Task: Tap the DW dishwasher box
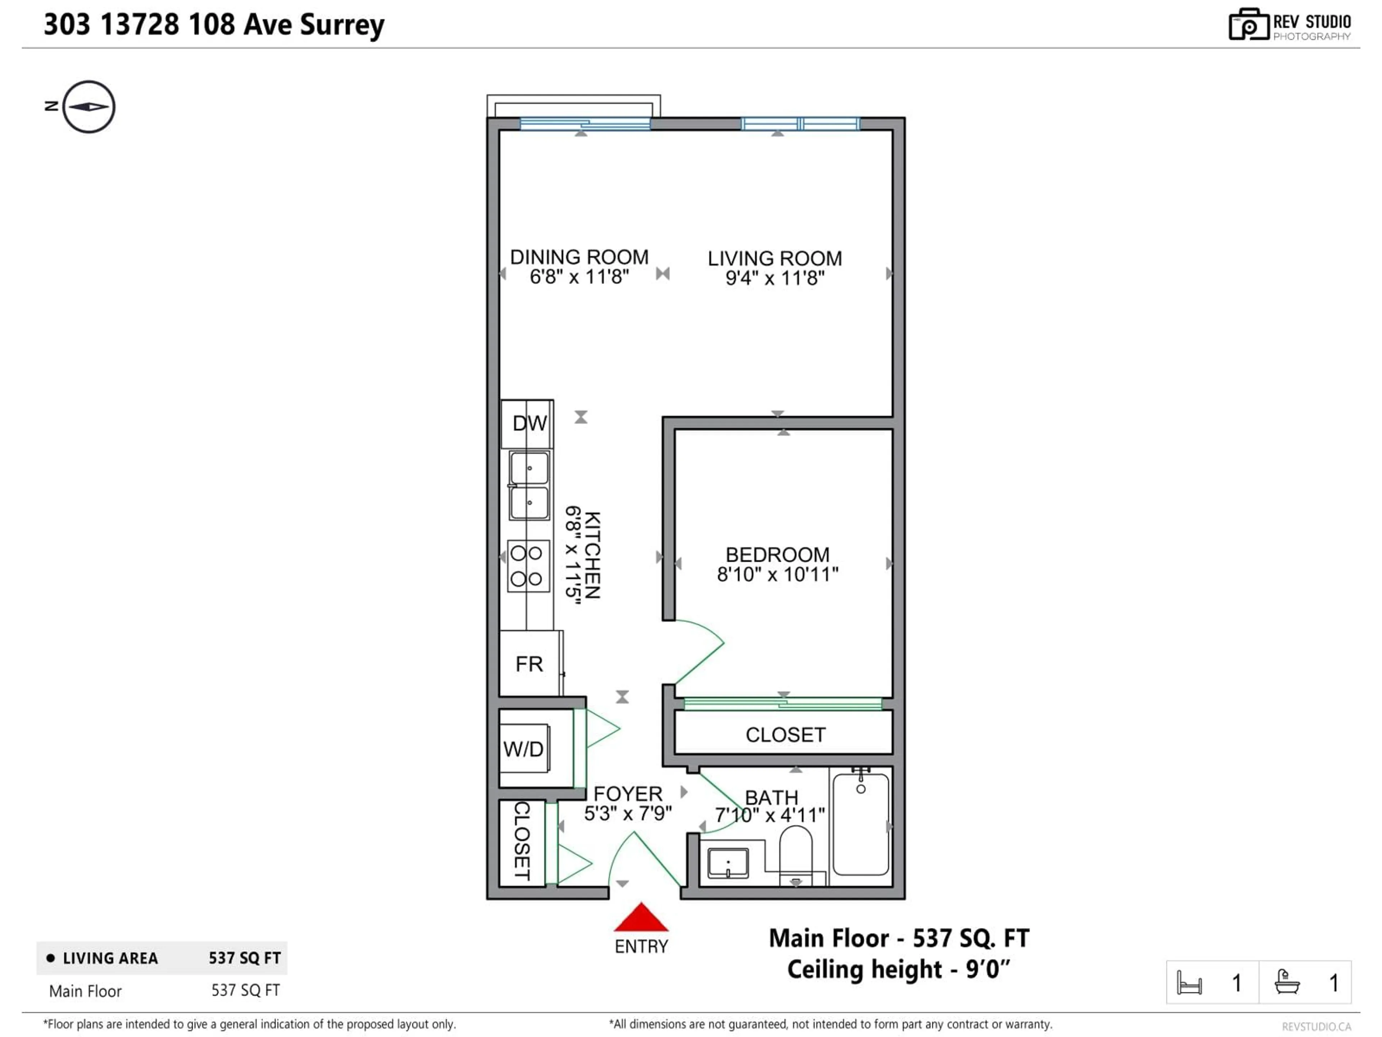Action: click(x=529, y=423)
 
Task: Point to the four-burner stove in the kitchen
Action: click(x=528, y=566)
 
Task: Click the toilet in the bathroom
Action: click(x=795, y=854)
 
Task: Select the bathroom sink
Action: click(x=728, y=863)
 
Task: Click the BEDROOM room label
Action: click(x=777, y=555)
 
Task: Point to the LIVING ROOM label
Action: click(x=775, y=258)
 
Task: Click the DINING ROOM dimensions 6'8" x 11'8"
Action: click(x=579, y=276)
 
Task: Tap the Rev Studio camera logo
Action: click(x=1248, y=25)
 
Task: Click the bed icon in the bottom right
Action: click(x=1189, y=983)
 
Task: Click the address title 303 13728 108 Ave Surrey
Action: click(x=214, y=25)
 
